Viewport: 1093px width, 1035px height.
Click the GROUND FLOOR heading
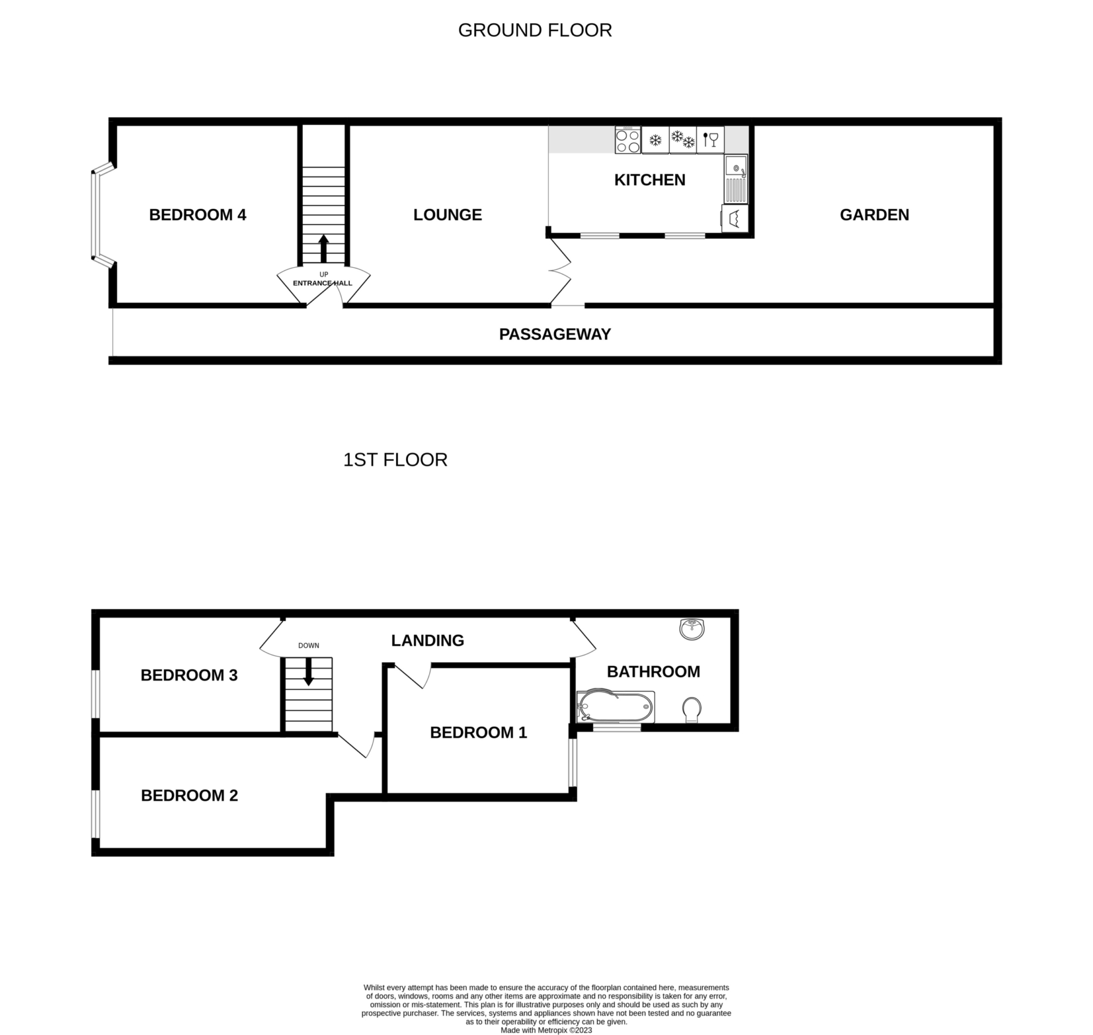(534, 31)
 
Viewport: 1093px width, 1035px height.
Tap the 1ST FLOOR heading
(395, 460)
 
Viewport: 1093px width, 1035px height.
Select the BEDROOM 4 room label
(197, 215)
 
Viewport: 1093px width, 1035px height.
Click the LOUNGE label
(448, 215)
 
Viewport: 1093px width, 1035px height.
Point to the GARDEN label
(874, 215)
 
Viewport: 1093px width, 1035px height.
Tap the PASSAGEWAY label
(555, 334)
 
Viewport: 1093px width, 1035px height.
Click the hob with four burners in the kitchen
(628, 139)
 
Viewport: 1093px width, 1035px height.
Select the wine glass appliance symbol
(710, 139)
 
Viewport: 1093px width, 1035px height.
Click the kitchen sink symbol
(736, 179)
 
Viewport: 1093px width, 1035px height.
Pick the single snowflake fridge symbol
(655, 139)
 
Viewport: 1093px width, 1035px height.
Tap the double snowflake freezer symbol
(683, 139)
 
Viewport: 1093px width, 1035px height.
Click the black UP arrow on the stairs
(324, 249)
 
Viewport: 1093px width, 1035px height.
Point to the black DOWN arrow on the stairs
(308, 672)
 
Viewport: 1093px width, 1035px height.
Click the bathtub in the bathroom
(616, 707)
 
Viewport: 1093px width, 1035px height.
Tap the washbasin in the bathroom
(692, 629)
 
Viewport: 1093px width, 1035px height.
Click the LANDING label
(427, 640)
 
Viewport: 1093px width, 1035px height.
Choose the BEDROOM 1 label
(478, 733)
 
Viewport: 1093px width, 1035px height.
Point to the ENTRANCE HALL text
(322, 283)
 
